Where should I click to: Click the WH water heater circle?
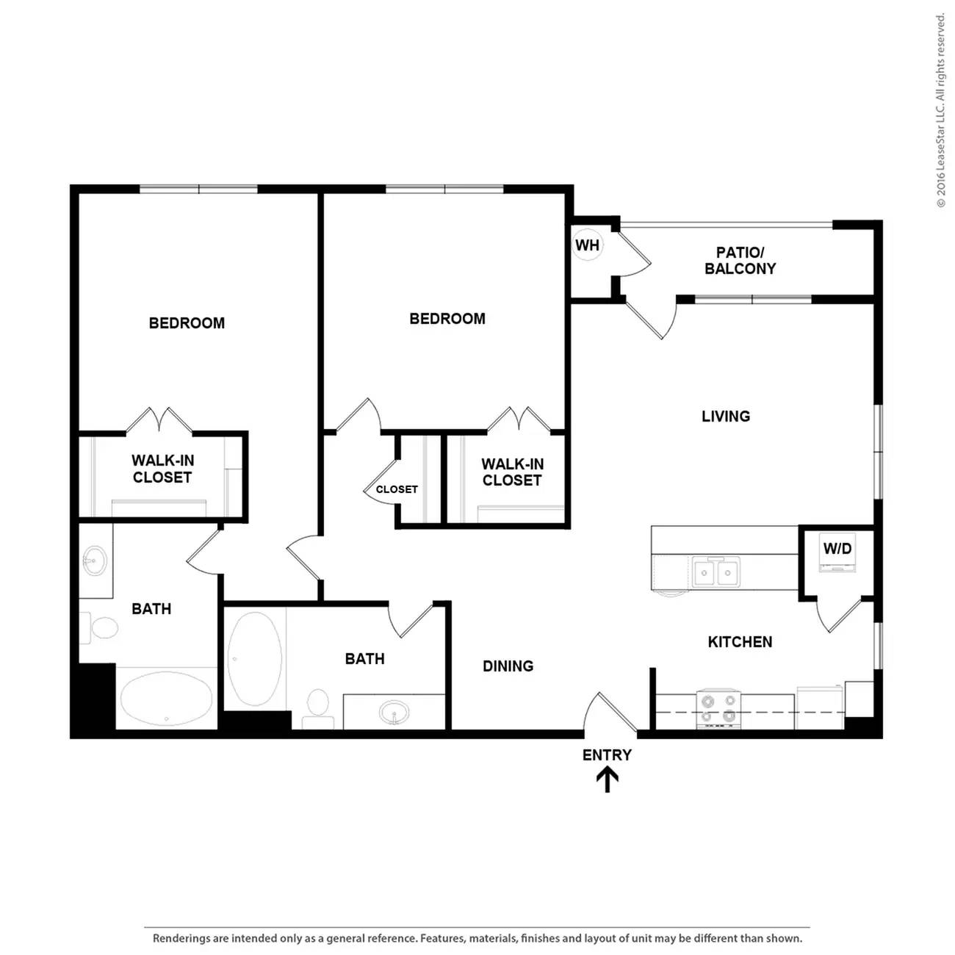pyautogui.click(x=587, y=245)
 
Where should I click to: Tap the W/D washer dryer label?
pyautogui.click(x=837, y=549)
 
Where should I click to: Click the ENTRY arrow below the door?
pyautogui.click(x=607, y=780)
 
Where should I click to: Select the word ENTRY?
pyautogui.click(x=607, y=754)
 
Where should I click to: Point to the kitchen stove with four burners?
pyautogui.click(x=718, y=709)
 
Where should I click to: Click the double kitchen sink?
pyautogui.click(x=716, y=572)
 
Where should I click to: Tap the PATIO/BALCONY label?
pyautogui.click(x=740, y=261)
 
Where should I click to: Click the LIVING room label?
pyautogui.click(x=726, y=417)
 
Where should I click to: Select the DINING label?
pyautogui.click(x=508, y=666)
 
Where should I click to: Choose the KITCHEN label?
pyautogui.click(x=740, y=642)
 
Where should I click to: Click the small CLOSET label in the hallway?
pyautogui.click(x=397, y=490)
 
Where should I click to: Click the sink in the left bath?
pyautogui.click(x=94, y=561)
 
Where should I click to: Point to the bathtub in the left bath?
pyautogui.click(x=167, y=699)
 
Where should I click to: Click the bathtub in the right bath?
pyautogui.click(x=254, y=659)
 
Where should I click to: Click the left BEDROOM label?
pyautogui.click(x=187, y=323)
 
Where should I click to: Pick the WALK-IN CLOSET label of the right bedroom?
pyautogui.click(x=512, y=472)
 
